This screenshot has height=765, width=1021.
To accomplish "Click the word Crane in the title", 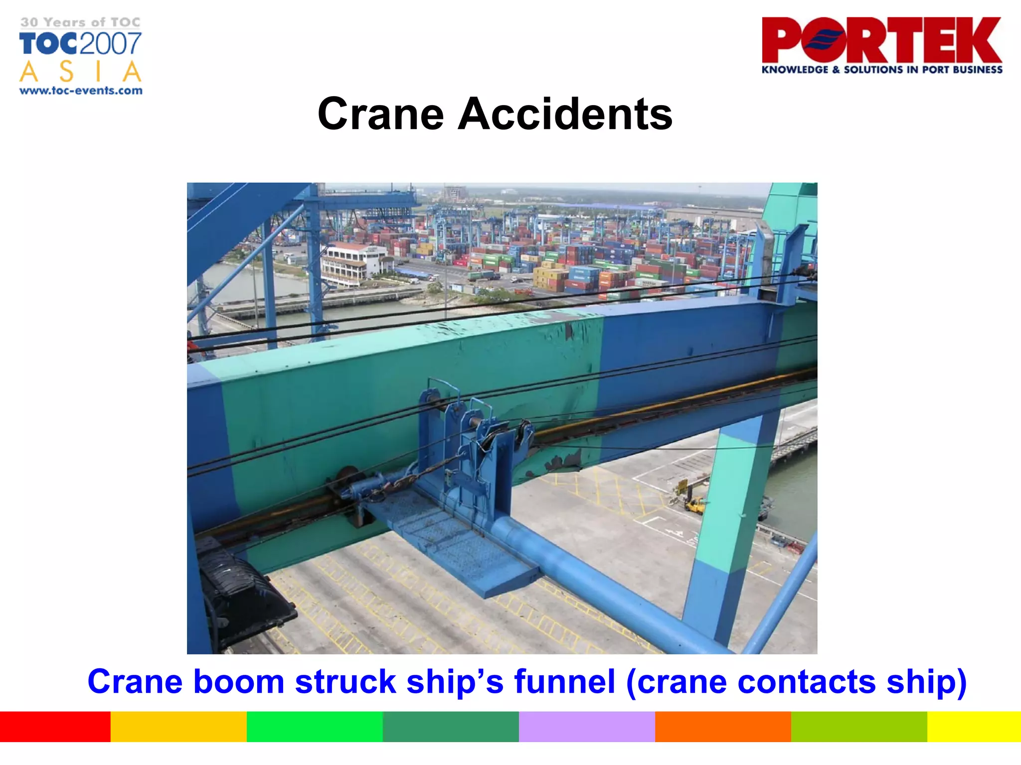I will (380, 114).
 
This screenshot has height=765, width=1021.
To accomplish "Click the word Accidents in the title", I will (565, 114).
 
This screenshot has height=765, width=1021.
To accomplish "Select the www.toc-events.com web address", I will (81, 91).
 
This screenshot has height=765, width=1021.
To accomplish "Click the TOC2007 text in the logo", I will (81, 44).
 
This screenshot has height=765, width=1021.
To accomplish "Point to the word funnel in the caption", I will (564, 681).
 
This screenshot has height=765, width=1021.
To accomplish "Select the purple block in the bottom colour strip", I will (587, 727).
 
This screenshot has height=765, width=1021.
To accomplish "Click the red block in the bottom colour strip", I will (55, 727).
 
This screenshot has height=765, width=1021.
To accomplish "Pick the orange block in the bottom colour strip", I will (723, 727).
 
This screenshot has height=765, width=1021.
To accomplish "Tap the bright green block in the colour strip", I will (315, 727).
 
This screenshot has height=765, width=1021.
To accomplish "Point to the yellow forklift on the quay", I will (694, 505).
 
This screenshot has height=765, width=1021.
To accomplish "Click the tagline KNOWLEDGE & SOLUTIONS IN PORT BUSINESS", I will (881, 70).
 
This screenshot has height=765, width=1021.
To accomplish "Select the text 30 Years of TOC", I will (81, 22).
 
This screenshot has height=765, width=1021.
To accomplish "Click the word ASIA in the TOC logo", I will (81, 72).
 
